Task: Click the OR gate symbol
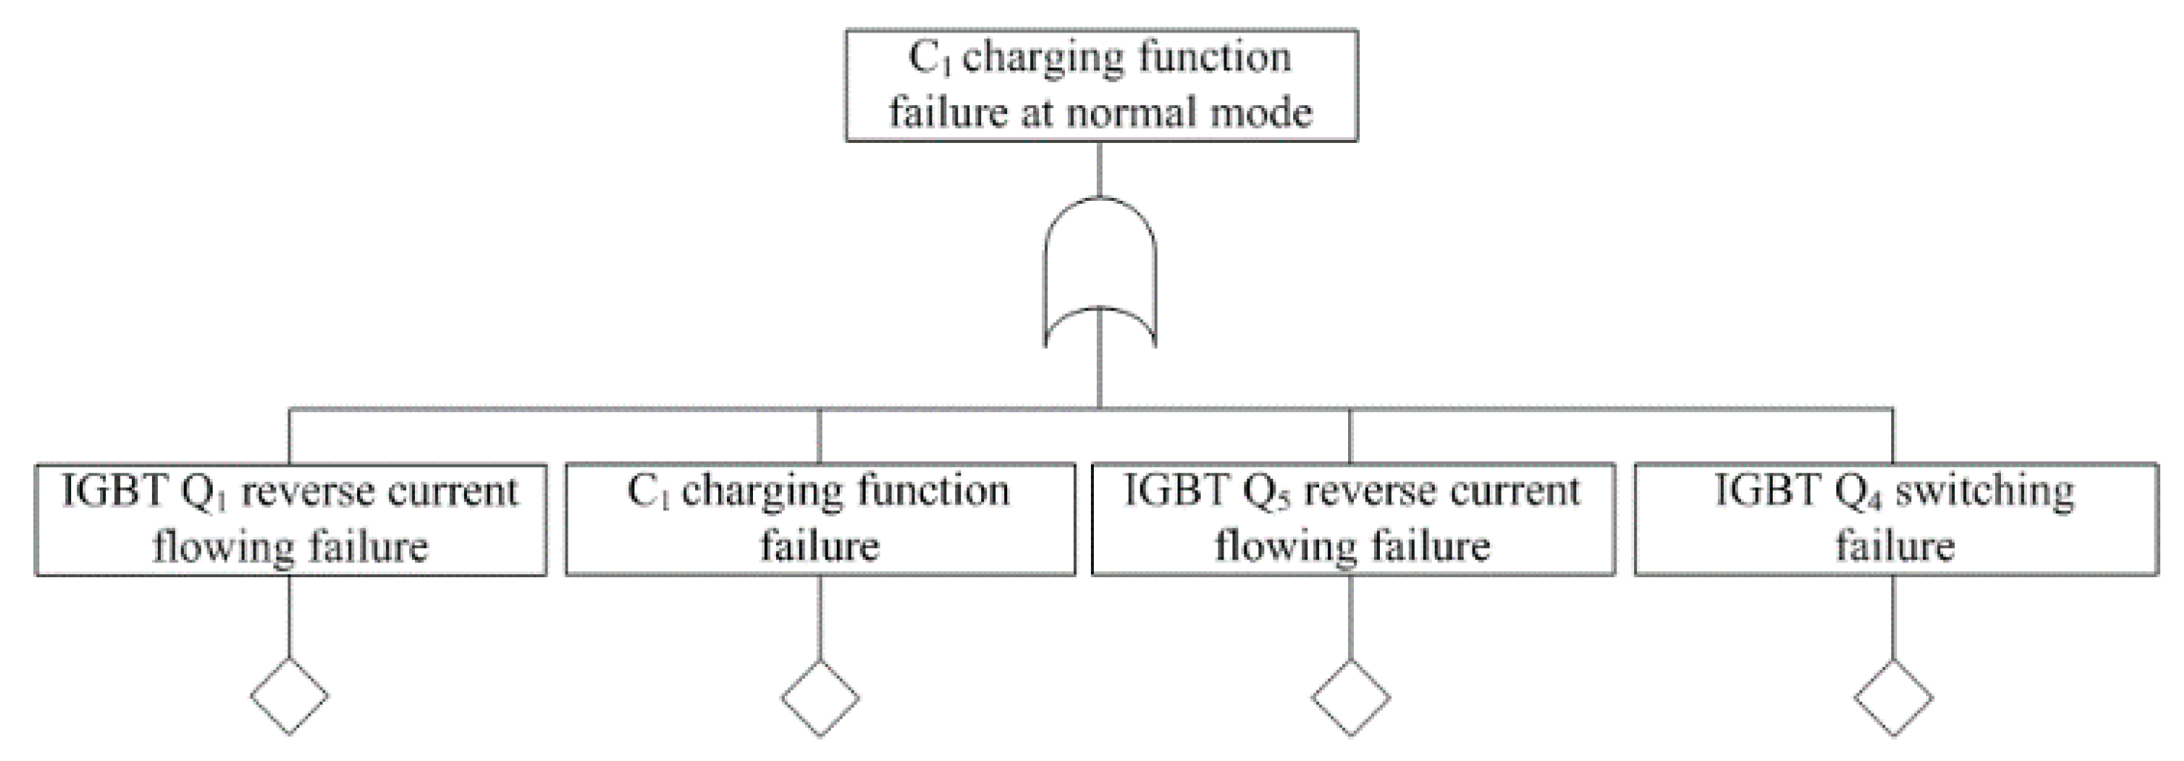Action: (x=1100, y=271)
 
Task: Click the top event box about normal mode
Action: (x=1101, y=84)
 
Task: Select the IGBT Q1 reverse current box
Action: (x=290, y=519)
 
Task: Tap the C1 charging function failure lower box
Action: (x=819, y=519)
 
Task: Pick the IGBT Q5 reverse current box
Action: (x=1352, y=519)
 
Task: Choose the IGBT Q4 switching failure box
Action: (x=1896, y=519)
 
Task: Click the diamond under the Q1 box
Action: (x=289, y=697)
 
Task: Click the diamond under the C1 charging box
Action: (x=819, y=698)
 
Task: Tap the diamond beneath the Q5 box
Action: (x=1350, y=698)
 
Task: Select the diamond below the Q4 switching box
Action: (x=1893, y=698)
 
